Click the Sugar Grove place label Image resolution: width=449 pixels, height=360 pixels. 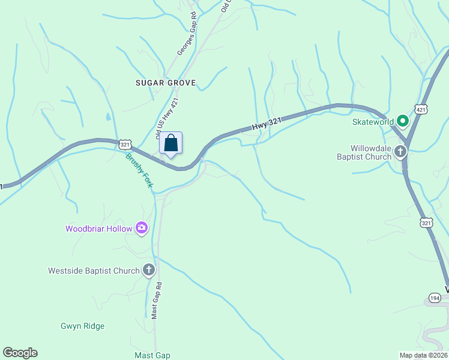tap(166, 83)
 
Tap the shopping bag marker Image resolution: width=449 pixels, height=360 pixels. tap(170, 144)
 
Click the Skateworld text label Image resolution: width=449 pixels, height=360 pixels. tap(372, 122)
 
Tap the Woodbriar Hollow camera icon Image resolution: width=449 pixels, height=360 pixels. tap(142, 227)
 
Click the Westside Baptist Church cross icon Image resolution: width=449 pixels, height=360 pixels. tap(149, 271)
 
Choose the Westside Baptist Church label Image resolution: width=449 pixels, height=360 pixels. tap(94, 271)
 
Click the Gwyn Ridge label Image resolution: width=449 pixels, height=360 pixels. tap(82, 326)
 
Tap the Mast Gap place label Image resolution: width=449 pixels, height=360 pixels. tap(152, 355)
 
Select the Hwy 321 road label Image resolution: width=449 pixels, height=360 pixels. tap(267, 124)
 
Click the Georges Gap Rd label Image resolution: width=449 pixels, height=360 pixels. tap(185, 34)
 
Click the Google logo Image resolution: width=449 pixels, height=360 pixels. tap(20, 353)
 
